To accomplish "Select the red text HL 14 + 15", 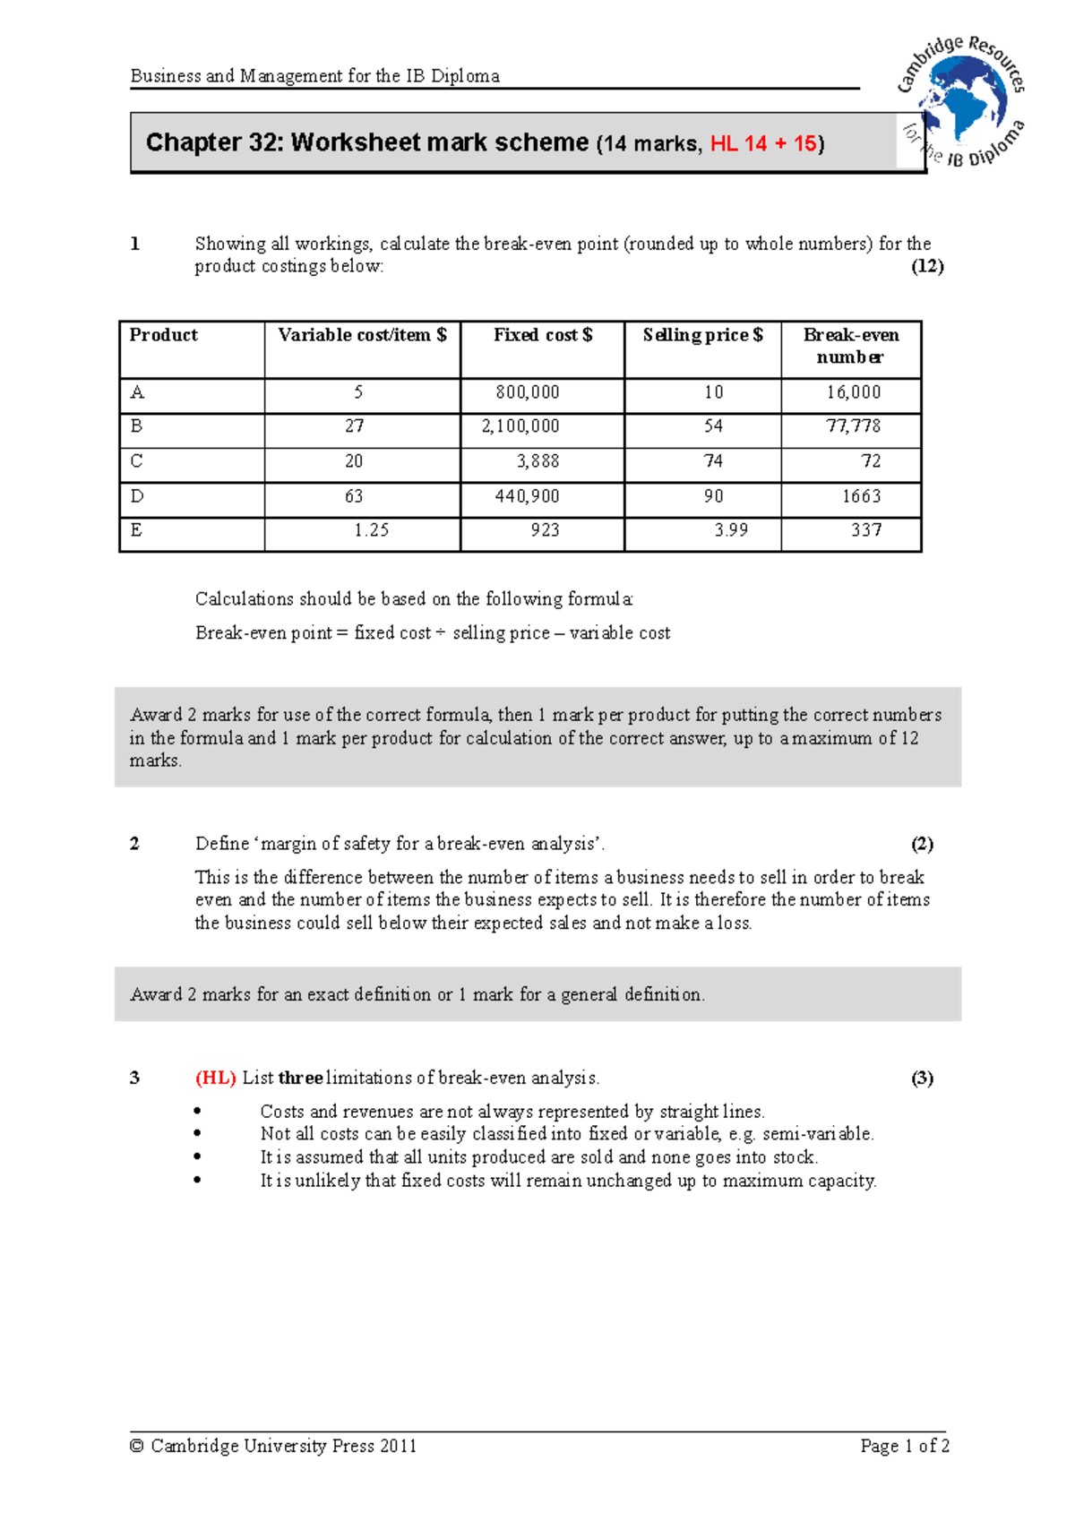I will tap(763, 143).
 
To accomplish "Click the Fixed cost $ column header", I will tap(542, 335).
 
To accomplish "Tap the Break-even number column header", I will tap(850, 346).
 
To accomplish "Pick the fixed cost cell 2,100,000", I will tap(520, 426).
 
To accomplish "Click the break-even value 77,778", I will tap(853, 426).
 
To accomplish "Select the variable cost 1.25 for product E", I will tap(371, 530).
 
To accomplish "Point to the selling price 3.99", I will tap(731, 530).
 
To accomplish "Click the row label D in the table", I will tap(137, 496).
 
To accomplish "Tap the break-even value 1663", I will tap(861, 496).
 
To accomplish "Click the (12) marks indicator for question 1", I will tap(927, 266).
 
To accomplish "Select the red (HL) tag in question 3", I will tap(216, 1078).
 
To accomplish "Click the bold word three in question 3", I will tap(300, 1078).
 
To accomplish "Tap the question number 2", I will tap(134, 844).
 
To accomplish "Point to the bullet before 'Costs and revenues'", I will tap(197, 1112).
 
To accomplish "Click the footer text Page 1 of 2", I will tap(904, 1446).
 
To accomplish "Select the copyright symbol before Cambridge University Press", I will tap(137, 1446).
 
